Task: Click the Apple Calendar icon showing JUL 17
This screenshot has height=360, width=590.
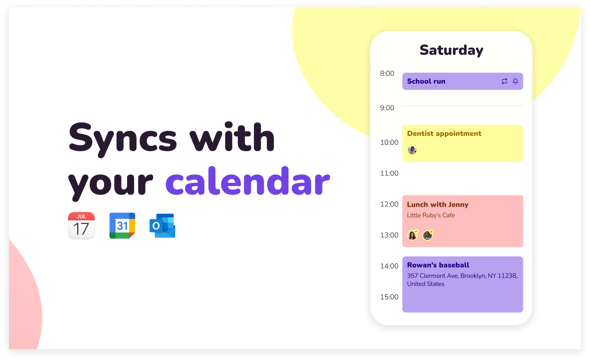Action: click(x=81, y=225)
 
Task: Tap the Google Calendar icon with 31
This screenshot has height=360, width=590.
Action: click(x=122, y=225)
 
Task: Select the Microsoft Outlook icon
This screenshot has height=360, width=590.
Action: click(x=162, y=225)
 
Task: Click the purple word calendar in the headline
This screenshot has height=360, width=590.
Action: click(x=248, y=181)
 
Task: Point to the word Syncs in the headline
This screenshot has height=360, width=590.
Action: click(x=123, y=139)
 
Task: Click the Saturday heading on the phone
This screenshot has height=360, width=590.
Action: click(x=451, y=50)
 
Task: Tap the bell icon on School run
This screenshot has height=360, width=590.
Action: click(x=515, y=81)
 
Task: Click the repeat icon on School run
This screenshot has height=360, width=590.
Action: click(x=504, y=81)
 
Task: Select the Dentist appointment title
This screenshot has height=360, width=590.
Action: click(x=444, y=133)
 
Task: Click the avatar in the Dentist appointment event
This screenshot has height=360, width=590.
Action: click(x=412, y=150)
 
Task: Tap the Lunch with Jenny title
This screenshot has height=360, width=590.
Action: click(x=437, y=204)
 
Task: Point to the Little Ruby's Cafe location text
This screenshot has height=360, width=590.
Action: click(x=431, y=215)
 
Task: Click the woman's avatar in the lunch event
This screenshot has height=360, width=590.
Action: click(x=413, y=235)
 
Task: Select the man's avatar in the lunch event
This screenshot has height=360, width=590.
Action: click(x=428, y=235)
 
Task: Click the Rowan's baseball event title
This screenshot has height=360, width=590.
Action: click(x=438, y=265)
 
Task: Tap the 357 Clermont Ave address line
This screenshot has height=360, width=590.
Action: click(x=462, y=276)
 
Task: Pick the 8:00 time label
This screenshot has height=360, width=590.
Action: click(x=387, y=73)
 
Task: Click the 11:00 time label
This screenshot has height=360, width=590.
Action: click(x=389, y=173)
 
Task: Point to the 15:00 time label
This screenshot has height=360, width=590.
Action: click(x=389, y=297)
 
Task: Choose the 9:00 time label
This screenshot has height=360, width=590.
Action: click(x=387, y=108)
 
